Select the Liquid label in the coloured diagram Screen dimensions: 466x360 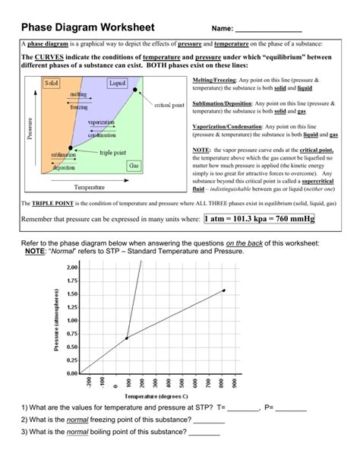click(118, 82)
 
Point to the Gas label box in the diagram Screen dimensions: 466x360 click(134, 164)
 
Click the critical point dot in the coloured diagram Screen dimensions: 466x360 click(135, 90)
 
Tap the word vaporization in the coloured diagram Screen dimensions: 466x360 click(100, 122)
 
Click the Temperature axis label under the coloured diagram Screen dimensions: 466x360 click(89, 186)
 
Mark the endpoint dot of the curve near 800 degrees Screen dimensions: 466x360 click(223, 290)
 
